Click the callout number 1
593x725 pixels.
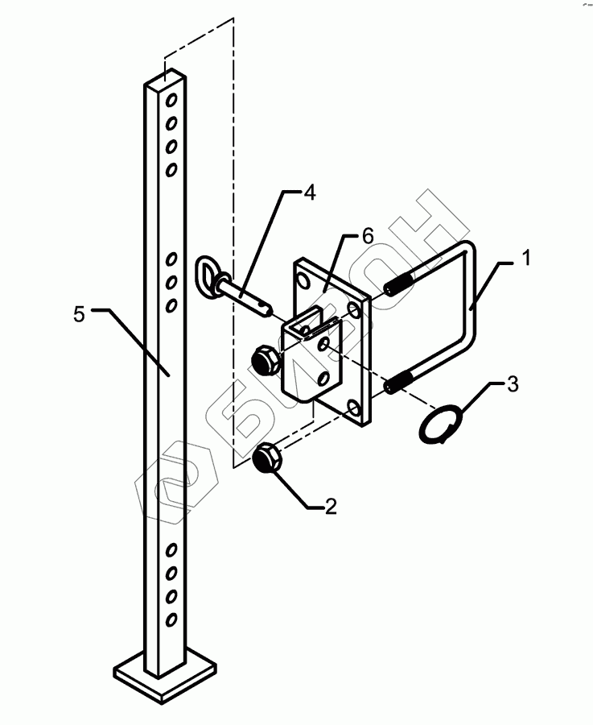(525, 259)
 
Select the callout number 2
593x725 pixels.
(329, 506)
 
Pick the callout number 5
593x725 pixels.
(78, 314)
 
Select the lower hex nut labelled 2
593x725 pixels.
(265, 460)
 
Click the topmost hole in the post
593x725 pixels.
(171, 101)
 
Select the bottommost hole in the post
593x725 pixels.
(171, 619)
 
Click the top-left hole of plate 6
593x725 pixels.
(303, 280)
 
